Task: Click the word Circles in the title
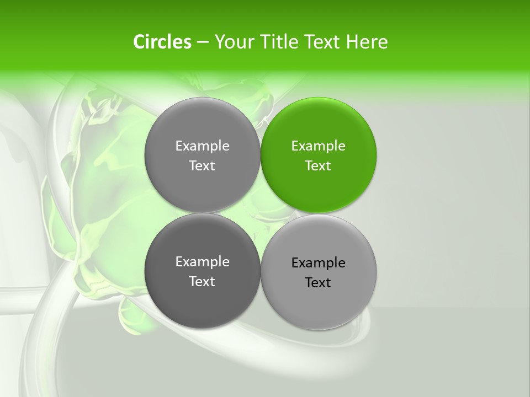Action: click(162, 42)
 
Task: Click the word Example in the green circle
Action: click(318, 146)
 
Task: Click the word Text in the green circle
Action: click(318, 166)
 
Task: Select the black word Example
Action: click(318, 263)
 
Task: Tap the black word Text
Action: click(318, 283)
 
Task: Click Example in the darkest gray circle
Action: click(202, 262)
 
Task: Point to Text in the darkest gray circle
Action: click(202, 282)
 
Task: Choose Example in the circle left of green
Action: click(202, 146)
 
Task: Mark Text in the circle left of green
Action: click(202, 166)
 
